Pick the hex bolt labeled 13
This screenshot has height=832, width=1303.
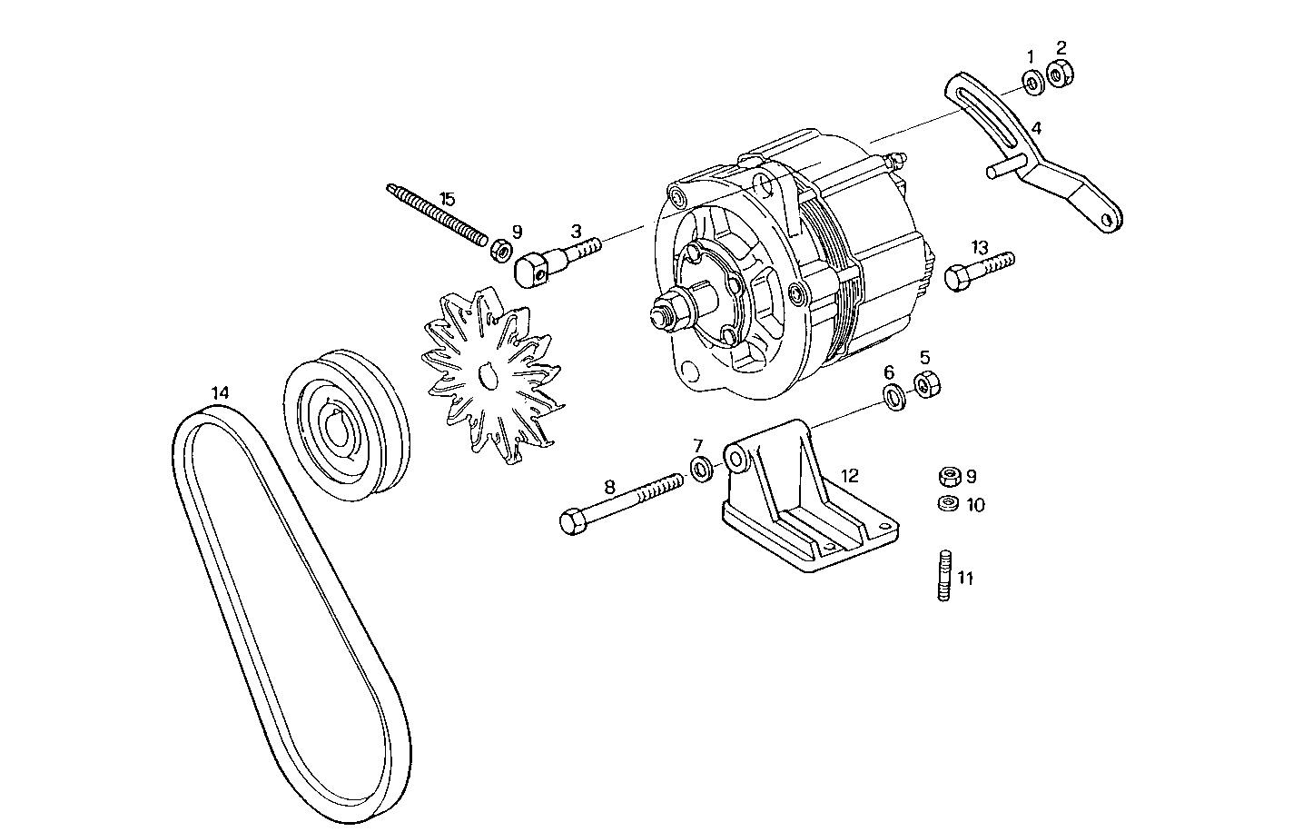tap(977, 268)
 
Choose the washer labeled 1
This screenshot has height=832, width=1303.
tap(1032, 84)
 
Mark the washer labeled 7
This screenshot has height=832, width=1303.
tap(701, 470)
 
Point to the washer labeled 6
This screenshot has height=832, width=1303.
tap(893, 396)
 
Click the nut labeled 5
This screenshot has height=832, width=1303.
tap(926, 384)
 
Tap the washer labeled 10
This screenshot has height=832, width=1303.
tap(946, 504)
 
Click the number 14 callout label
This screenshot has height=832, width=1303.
tap(221, 392)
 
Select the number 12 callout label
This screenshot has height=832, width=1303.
tap(849, 474)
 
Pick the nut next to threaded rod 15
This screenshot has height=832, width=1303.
tap(499, 249)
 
